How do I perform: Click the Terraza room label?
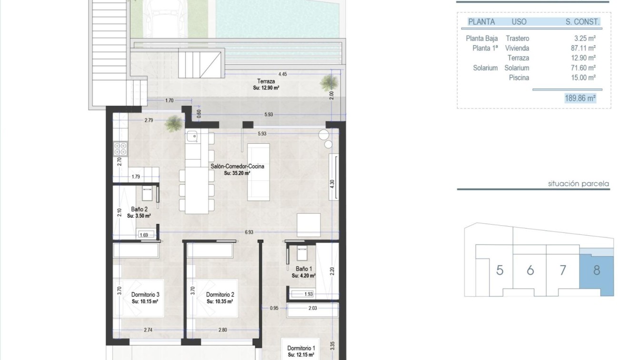(266, 81)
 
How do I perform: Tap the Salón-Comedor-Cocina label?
(237, 166)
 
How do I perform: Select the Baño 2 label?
(139, 209)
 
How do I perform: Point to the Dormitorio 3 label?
(145, 294)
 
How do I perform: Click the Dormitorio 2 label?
(220, 294)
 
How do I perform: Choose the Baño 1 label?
(303, 269)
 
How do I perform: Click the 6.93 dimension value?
(249, 232)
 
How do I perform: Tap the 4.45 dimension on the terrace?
(283, 74)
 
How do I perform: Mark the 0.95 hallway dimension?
(274, 308)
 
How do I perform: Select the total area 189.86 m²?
(580, 98)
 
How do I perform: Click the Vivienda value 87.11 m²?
(583, 48)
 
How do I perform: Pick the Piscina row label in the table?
(519, 78)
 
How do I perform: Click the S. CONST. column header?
(582, 21)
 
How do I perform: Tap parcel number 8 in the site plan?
(597, 270)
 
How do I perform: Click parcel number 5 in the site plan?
(499, 270)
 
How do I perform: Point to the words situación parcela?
(578, 184)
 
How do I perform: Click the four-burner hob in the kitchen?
(120, 149)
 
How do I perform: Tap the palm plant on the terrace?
(329, 82)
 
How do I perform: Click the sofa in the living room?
(258, 172)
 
